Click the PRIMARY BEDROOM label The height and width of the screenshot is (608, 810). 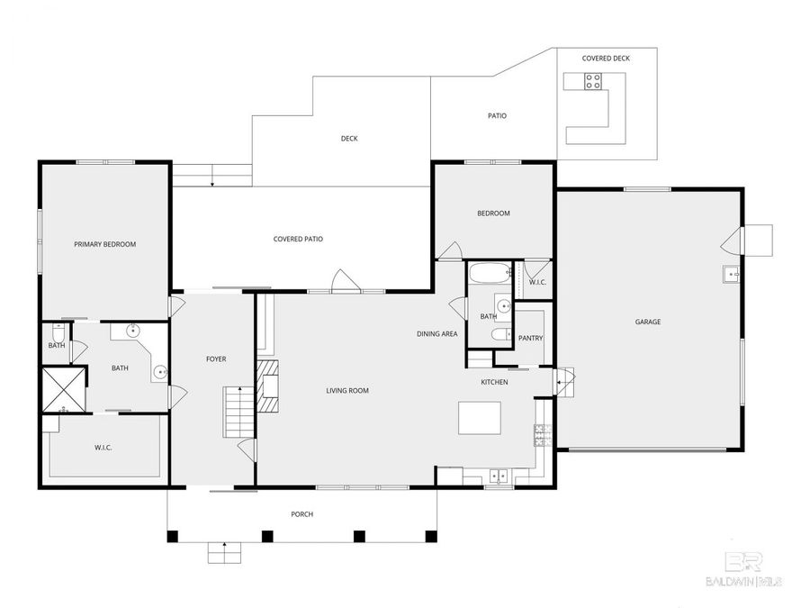pyautogui.click(x=104, y=244)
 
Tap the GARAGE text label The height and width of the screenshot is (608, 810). pyautogui.click(x=648, y=322)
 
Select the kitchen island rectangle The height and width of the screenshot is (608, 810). pyautogui.click(x=479, y=418)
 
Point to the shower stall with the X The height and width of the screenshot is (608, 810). pyautogui.click(x=64, y=389)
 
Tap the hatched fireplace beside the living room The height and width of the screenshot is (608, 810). pyautogui.click(x=268, y=386)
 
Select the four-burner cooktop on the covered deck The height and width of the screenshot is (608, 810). pyautogui.click(x=594, y=82)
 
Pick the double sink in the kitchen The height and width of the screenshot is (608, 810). pyautogui.click(x=498, y=476)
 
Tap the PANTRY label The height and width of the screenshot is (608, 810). pyautogui.click(x=530, y=339)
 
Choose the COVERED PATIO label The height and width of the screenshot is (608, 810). pyautogui.click(x=298, y=239)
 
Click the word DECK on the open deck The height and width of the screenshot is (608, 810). pyautogui.click(x=349, y=139)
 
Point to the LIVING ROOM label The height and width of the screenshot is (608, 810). pyautogui.click(x=347, y=391)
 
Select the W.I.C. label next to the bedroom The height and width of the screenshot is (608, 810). pyautogui.click(x=537, y=282)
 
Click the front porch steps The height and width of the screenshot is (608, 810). pyautogui.click(x=220, y=550)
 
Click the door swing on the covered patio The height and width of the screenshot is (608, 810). pyautogui.click(x=343, y=281)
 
